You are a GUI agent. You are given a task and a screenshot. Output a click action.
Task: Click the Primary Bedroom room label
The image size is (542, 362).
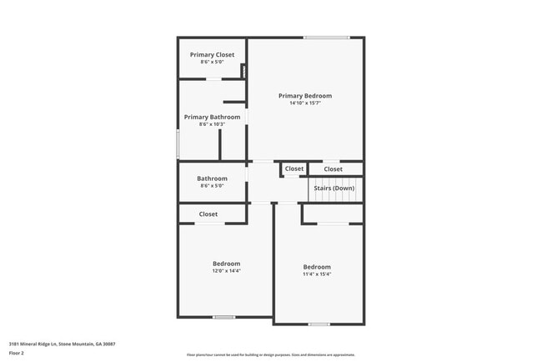(x=305, y=96)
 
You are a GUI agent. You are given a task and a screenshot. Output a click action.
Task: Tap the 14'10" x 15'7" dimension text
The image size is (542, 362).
(x=305, y=103)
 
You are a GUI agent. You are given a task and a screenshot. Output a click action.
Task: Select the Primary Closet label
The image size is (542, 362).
(x=212, y=55)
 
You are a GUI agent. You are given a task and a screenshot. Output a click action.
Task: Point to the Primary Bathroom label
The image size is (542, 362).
(x=212, y=118)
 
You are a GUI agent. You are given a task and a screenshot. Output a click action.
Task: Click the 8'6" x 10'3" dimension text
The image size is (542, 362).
(x=212, y=125)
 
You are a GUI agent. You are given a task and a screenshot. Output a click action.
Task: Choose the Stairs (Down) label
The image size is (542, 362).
(x=334, y=189)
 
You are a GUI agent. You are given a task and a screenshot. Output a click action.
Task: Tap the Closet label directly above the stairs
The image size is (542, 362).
(x=333, y=169)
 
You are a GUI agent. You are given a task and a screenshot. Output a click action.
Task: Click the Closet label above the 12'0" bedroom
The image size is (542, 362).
(x=208, y=214)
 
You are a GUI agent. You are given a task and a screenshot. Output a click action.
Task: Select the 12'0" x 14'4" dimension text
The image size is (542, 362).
(x=226, y=271)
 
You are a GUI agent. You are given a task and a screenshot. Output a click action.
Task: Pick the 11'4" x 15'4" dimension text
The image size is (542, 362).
(x=317, y=274)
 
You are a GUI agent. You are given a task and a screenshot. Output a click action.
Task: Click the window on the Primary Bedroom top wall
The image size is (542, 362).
(x=326, y=38)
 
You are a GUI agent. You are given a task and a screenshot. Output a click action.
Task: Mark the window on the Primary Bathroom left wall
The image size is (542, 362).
(x=178, y=143)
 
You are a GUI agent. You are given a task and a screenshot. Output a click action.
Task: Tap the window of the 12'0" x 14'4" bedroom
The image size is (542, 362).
(x=223, y=317)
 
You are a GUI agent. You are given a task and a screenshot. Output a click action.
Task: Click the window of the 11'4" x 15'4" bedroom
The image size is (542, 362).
(x=319, y=324)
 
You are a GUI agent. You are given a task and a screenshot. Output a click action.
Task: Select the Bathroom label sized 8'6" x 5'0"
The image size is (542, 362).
(x=212, y=178)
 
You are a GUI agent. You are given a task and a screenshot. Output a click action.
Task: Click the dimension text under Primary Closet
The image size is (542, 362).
(x=212, y=63)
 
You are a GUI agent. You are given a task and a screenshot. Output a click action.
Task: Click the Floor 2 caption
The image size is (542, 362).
(x=18, y=353)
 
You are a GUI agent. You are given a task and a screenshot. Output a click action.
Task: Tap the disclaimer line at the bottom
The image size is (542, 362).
(x=270, y=354)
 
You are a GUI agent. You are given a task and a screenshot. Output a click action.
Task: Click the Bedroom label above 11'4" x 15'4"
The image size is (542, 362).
(x=317, y=267)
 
